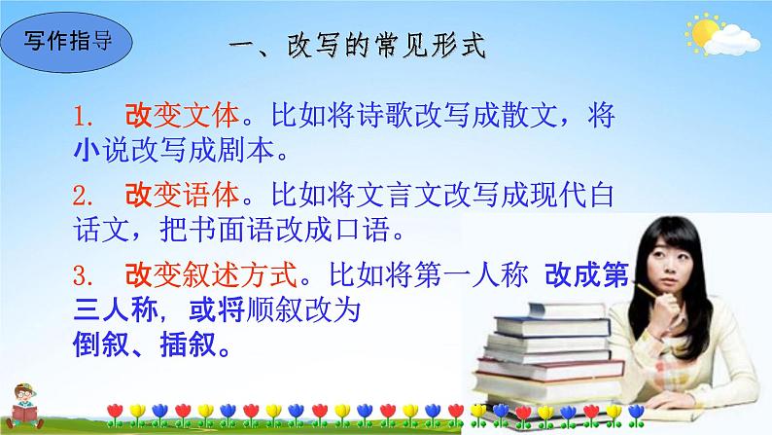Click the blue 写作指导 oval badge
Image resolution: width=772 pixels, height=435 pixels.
point(65,43)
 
